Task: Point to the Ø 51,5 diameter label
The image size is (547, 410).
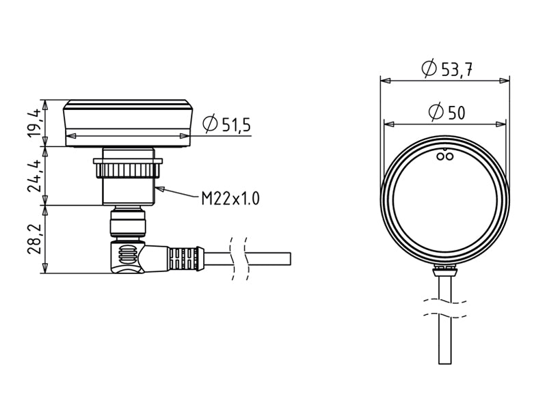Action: [x=228, y=124]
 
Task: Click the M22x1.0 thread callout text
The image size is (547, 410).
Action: [x=230, y=199]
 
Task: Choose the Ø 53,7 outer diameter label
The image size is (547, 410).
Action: [x=449, y=68]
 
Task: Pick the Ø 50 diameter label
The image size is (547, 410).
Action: [x=446, y=112]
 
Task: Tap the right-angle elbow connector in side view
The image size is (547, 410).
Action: [x=127, y=256]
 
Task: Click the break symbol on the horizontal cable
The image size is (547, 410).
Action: [x=239, y=259]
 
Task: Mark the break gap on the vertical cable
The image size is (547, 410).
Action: [x=445, y=309]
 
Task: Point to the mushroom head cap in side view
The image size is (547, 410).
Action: [x=129, y=123]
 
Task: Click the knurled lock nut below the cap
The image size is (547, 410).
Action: [x=129, y=166]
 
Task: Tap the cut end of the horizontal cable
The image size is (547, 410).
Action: [x=290, y=259]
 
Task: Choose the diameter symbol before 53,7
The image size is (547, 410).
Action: [x=429, y=68]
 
